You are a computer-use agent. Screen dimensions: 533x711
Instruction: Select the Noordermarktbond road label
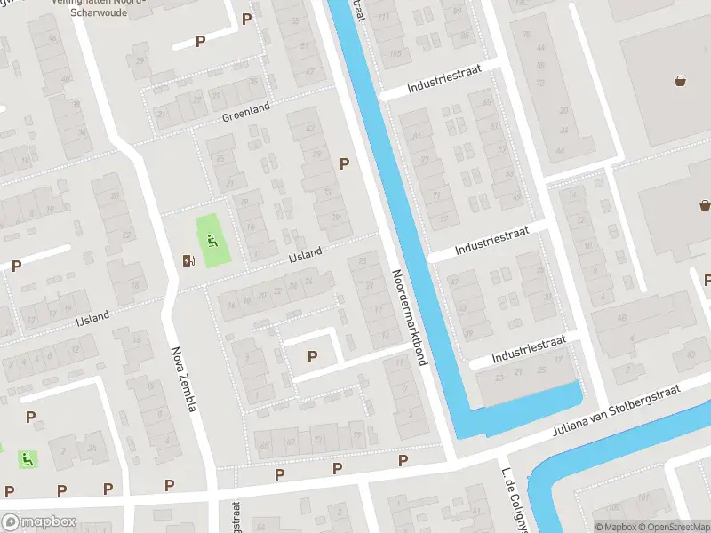(407, 317)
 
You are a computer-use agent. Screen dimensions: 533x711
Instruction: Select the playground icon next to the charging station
(212, 239)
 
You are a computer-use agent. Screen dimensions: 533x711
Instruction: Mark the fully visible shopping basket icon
(682, 82)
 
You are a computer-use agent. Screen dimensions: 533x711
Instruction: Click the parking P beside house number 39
(344, 163)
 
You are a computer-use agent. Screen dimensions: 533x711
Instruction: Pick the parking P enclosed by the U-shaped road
(312, 356)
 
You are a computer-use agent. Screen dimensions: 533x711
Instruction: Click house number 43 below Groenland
(310, 128)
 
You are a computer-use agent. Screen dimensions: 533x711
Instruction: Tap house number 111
(383, 19)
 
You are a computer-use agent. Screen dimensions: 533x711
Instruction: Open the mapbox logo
(37, 522)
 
